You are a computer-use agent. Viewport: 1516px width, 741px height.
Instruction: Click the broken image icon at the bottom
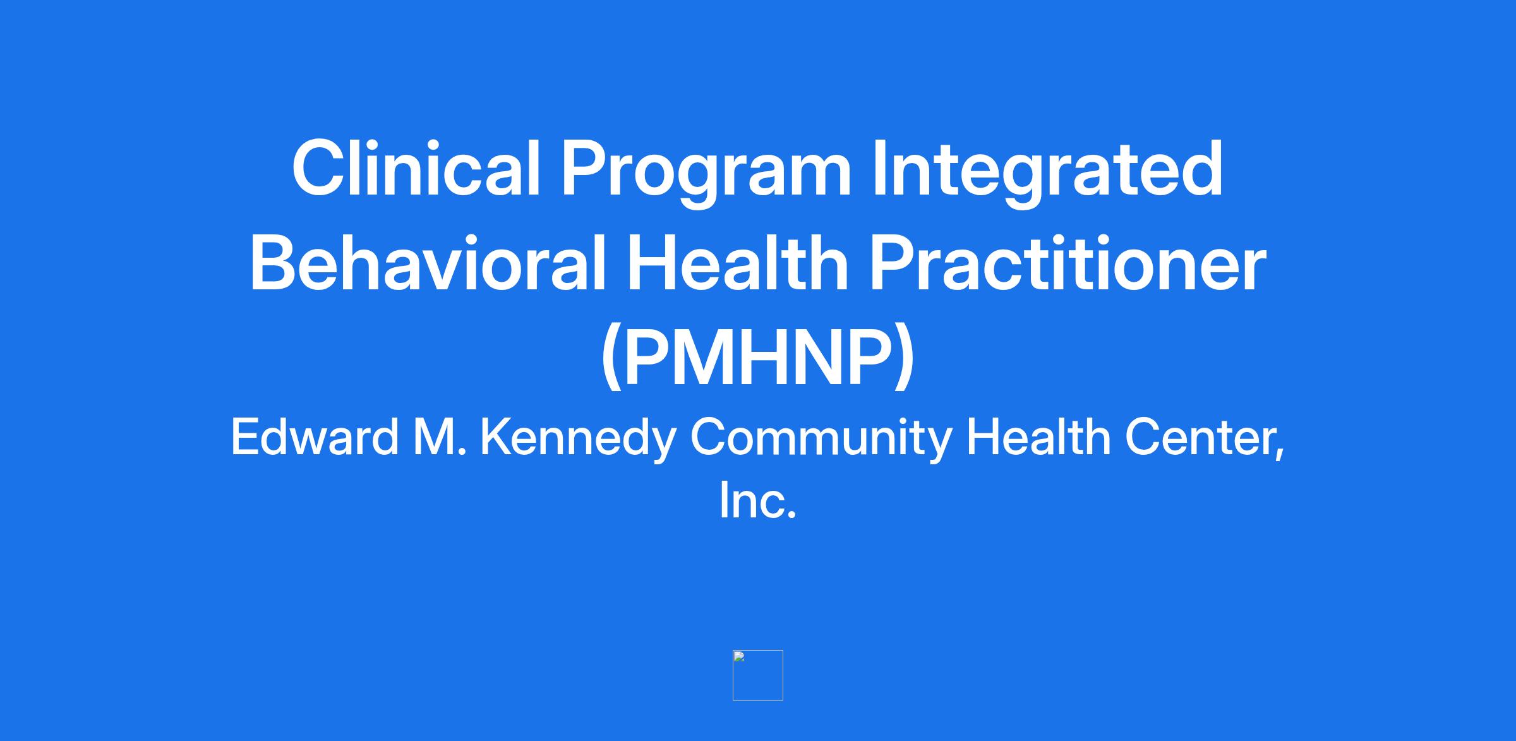(757, 675)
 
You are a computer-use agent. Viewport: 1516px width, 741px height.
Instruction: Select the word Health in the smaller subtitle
(1039, 437)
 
